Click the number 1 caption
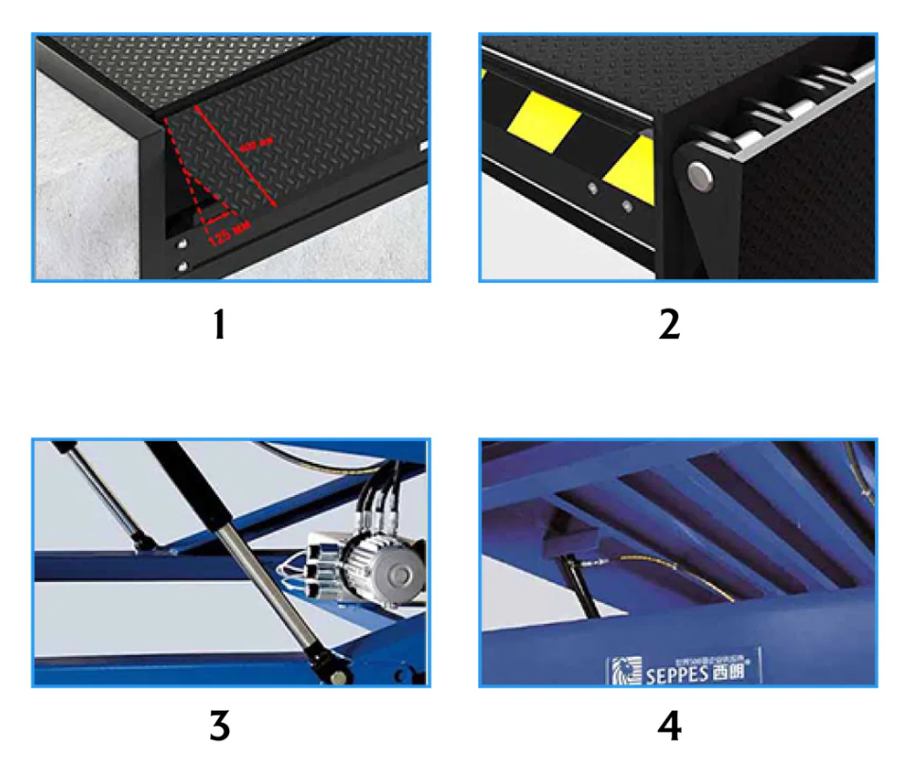coord(219,326)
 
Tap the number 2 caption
coord(668,326)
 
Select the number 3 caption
coord(219,726)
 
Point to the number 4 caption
coord(668,726)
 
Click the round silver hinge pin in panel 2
coord(700,172)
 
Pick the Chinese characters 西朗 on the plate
coord(732,674)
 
